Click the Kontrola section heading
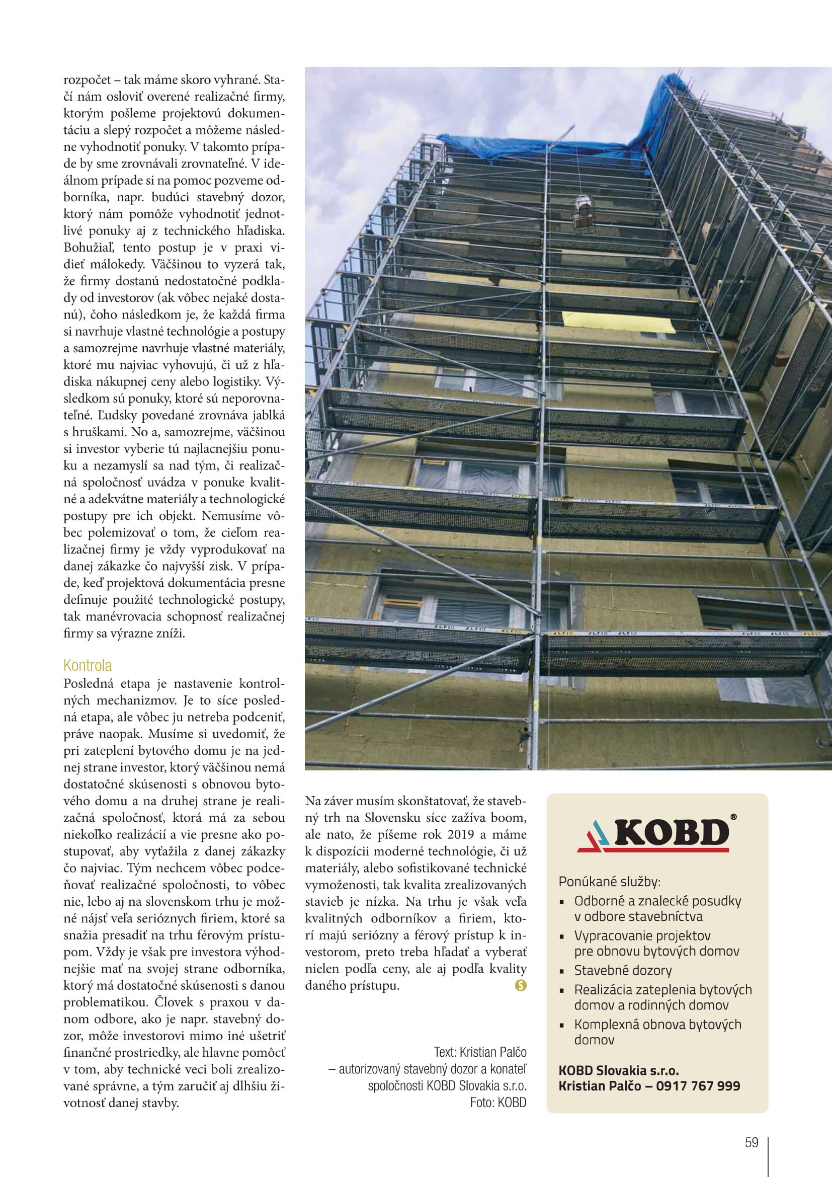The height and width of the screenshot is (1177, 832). pyautogui.click(x=88, y=665)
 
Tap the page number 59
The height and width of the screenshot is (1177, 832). pyautogui.click(x=751, y=1143)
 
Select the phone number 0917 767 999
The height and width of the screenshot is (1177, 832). pyautogui.click(x=698, y=1086)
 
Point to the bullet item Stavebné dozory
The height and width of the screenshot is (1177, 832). pyautogui.click(x=622, y=970)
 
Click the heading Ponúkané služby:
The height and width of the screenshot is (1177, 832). pyautogui.click(x=609, y=882)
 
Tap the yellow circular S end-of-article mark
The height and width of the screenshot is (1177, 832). pyautogui.click(x=521, y=985)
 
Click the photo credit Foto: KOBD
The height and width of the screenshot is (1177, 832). pyautogui.click(x=498, y=1102)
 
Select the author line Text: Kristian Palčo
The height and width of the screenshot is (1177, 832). pyautogui.click(x=480, y=1052)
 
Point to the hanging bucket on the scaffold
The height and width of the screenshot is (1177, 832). pyautogui.click(x=584, y=211)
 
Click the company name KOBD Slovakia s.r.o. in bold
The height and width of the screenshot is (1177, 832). pyautogui.click(x=618, y=1070)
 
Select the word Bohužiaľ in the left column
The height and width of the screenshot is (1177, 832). pyautogui.click(x=89, y=248)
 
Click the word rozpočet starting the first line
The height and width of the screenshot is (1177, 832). pyautogui.click(x=87, y=80)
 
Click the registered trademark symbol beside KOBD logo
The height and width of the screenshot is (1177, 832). pyautogui.click(x=733, y=817)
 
